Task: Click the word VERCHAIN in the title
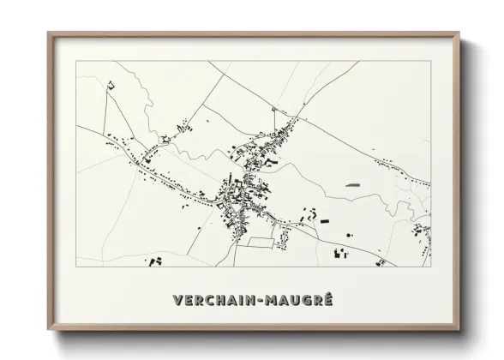click(215, 301)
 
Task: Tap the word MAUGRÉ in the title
click(297, 301)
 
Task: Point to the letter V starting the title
click(177, 301)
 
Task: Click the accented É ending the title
click(327, 300)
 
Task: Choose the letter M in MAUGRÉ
click(272, 301)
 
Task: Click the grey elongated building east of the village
click(353, 184)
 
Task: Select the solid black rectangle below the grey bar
click(325, 221)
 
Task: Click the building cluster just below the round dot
click(341, 253)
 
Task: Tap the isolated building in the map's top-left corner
click(110, 84)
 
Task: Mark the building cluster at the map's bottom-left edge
click(154, 261)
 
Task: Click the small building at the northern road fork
click(273, 109)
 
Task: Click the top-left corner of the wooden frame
click(49, 33)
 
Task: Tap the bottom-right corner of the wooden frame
click(459, 330)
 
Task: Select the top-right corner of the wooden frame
click(459, 33)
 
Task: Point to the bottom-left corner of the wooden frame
click(49, 330)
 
